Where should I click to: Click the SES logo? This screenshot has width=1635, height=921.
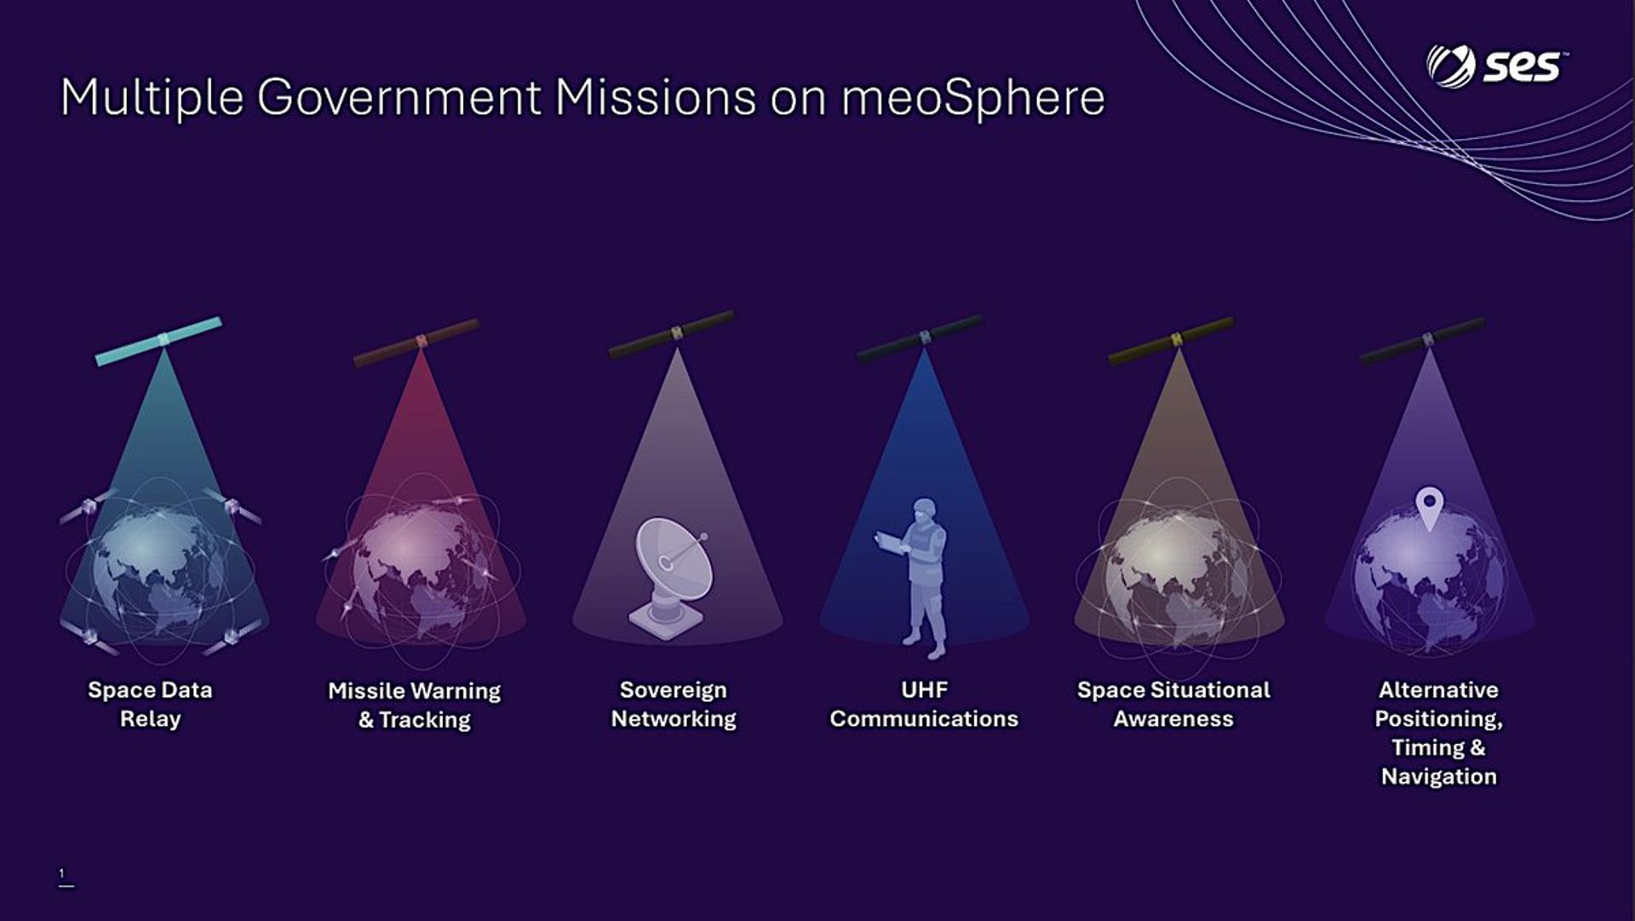tap(1497, 66)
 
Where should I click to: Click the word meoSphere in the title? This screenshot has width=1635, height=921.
tap(972, 97)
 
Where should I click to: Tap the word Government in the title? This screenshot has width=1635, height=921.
tap(399, 97)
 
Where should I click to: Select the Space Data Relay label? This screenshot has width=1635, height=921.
tap(150, 704)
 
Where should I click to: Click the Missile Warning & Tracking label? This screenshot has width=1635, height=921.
tap(415, 705)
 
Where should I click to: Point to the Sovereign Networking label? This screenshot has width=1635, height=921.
tap(674, 704)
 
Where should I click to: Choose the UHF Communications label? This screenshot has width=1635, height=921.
tap(924, 704)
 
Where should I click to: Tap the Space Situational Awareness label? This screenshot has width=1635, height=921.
tap(1173, 704)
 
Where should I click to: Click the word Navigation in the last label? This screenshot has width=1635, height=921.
tap(1438, 776)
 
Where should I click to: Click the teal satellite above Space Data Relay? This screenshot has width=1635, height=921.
tap(158, 342)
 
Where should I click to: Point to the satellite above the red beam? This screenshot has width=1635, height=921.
tap(416, 342)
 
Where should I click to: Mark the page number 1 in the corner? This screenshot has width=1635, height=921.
tap(61, 873)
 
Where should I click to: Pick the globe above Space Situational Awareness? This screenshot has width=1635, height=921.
tap(1179, 579)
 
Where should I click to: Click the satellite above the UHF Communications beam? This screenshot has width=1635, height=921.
tap(921, 338)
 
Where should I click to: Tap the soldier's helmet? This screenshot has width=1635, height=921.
tap(924, 508)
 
